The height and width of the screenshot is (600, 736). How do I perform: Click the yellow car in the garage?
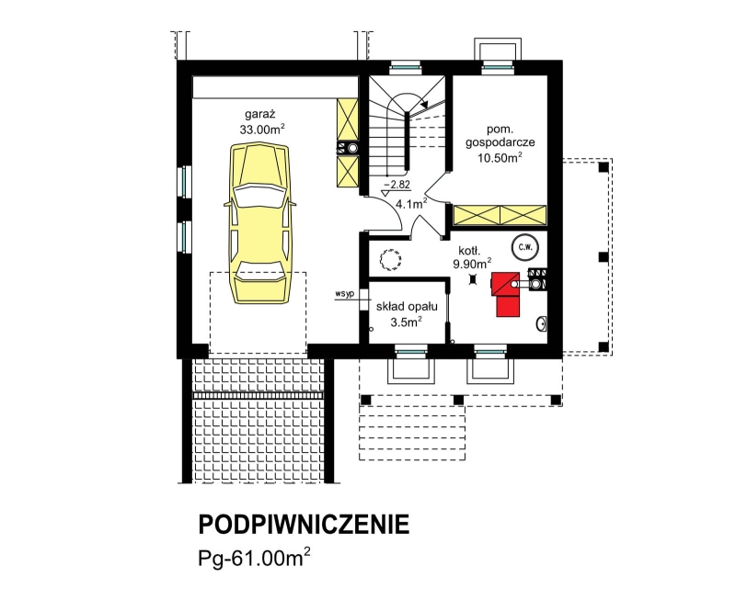[259, 223]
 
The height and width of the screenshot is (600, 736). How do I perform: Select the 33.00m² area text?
[262, 129]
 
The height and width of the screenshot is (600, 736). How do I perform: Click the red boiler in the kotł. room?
[505, 293]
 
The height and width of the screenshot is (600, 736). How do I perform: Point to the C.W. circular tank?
[525, 247]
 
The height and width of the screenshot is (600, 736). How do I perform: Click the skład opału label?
[407, 307]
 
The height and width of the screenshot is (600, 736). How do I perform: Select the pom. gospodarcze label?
[500, 135]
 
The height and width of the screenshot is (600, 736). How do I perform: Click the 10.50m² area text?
[500, 157]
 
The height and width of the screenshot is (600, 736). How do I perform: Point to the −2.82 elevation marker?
[397, 184]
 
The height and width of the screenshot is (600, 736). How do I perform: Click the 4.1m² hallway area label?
[410, 203]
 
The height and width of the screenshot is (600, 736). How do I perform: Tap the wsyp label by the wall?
[344, 294]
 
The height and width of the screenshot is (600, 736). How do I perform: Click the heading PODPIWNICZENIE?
[304, 525]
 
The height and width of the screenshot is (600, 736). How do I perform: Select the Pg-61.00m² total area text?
[254, 557]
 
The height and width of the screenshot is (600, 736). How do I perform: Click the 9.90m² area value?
[472, 263]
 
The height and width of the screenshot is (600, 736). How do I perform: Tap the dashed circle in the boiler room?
[390, 260]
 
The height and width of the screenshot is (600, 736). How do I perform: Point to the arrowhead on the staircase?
[425, 105]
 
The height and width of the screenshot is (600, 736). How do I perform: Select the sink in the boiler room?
[542, 323]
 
